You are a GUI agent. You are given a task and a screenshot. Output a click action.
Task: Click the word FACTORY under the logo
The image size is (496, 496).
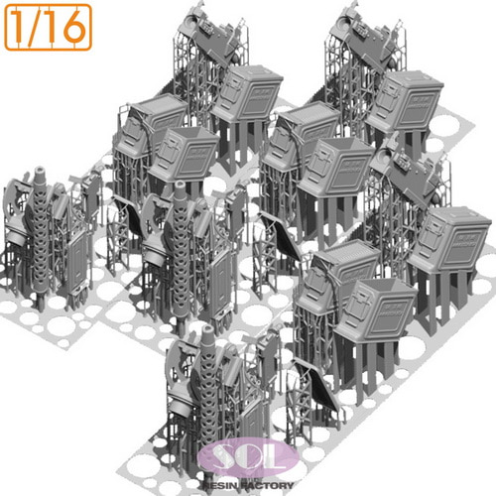[267, 485]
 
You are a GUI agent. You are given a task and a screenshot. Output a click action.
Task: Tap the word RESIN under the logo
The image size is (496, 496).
[221, 485]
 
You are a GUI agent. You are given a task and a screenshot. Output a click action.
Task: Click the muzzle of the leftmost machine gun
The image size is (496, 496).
[41, 172]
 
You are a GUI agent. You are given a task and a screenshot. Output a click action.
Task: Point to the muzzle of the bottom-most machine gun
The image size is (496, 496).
[208, 331]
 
